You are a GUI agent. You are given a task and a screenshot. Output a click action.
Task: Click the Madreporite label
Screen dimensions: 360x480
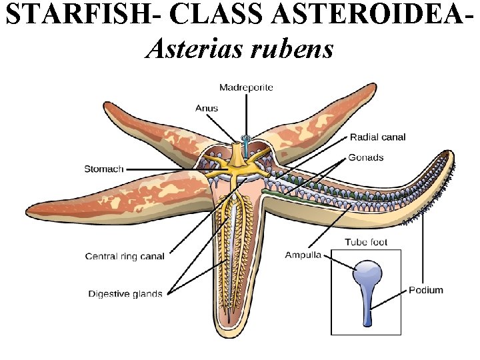246,87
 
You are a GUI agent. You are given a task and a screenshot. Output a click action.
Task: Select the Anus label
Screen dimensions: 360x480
206,108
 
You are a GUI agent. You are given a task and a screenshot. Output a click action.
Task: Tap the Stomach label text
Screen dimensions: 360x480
103,169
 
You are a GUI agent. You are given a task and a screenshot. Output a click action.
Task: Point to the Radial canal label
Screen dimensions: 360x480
377,137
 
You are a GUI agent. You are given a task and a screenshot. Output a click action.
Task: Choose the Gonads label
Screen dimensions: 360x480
366,157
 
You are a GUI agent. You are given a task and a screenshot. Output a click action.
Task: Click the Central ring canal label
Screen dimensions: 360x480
125,256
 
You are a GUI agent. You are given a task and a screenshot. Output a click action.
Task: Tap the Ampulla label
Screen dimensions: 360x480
303,255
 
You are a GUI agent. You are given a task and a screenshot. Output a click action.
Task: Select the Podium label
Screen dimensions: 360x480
426,290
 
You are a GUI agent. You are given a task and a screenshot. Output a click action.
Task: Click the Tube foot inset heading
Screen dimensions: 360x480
365,242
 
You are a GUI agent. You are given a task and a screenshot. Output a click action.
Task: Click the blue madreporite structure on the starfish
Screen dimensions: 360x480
247,142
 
